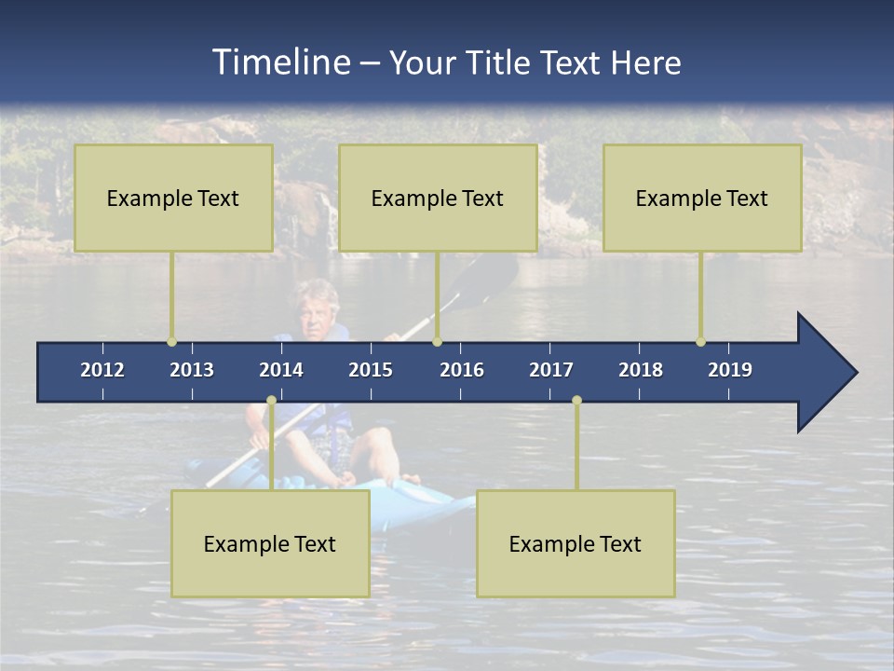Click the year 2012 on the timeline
click(102, 370)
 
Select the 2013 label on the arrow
click(192, 370)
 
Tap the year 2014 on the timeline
click(281, 370)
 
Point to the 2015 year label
click(371, 370)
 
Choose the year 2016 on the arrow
click(462, 370)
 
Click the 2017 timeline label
click(551, 370)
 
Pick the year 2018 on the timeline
click(641, 370)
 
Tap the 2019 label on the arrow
click(730, 370)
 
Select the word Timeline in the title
click(280, 62)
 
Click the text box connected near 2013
click(173, 198)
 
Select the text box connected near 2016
click(438, 198)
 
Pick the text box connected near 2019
click(702, 198)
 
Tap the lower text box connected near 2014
click(270, 543)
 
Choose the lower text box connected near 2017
click(576, 543)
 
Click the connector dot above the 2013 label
click(171, 342)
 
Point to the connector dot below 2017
click(576, 401)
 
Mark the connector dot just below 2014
click(271, 401)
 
